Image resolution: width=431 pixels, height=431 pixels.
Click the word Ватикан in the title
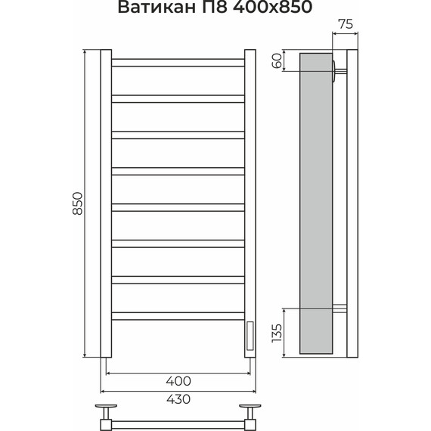(154, 9)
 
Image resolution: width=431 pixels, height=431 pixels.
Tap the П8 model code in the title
(209, 9)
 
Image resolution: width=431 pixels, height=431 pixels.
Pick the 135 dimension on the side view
(278, 333)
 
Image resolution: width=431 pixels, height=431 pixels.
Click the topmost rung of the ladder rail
(178, 62)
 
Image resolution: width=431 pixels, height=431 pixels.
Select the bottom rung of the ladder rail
(178, 313)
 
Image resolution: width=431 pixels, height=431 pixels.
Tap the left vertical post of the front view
(106, 204)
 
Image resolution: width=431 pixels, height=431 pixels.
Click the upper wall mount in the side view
(338, 72)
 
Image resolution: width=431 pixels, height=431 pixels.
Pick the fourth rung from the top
(178, 170)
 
